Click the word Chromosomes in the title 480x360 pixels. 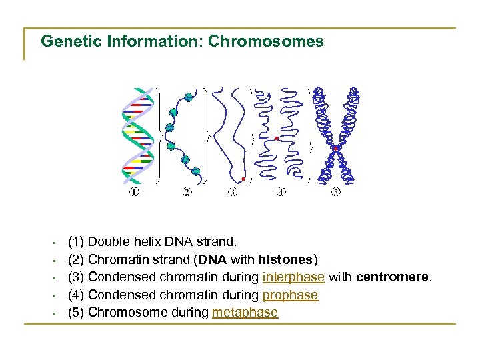pyautogui.click(x=266, y=41)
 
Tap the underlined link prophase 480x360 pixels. pyautogui.click(x=291, y=295)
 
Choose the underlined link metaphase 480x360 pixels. pyautogui.click(x=245, y=313)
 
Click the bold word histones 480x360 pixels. pyautogui.click(x=285, y=259)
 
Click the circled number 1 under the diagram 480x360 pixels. pyautogui.click(x=135, y=193)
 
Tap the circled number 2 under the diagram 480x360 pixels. pyautogui.click(x=187, y=193)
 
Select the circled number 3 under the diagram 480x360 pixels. pyautogui.click(x=232, y=193)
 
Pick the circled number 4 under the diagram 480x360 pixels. pyautogui.click(x=281, y=193)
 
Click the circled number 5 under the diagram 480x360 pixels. pyautogui.click(x=335, y=193)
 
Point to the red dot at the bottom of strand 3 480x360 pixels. pyautogui.click(x=243, y=179)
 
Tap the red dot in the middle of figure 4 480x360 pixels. pyautogui.click(x=277, y=138)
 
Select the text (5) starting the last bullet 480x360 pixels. pyautogui.click(x=76, y=313)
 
